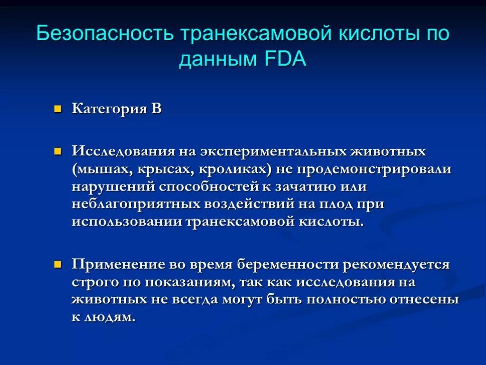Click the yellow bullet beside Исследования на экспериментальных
58,152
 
